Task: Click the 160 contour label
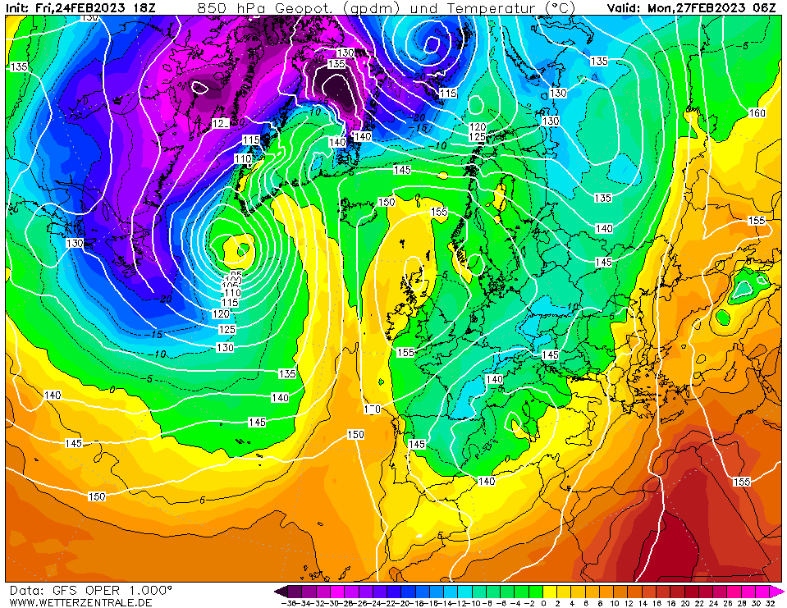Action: (757, 113)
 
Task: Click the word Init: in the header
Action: (17, 7)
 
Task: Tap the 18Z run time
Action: (145, 7)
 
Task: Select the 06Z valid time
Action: (764, 7)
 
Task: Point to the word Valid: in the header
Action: (625, 7)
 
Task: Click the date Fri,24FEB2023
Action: (81, 7)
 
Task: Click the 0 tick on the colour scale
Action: (543, 603)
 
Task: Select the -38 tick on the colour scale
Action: (288, 603)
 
